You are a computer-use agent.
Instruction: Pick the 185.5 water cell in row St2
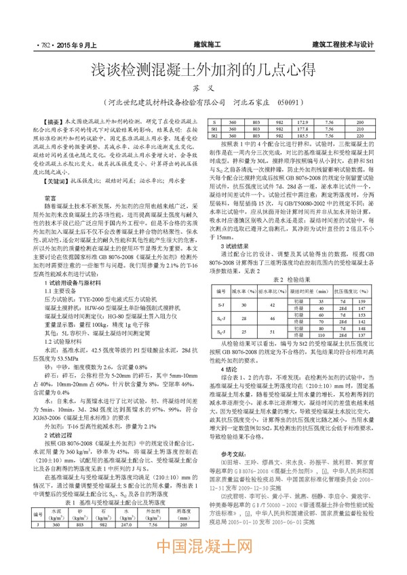coord(303,136)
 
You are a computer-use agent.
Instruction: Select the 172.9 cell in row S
coord(303,121)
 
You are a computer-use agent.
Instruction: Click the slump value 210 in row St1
coord(360,129)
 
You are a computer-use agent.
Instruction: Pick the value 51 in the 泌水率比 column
coord(268,332)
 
